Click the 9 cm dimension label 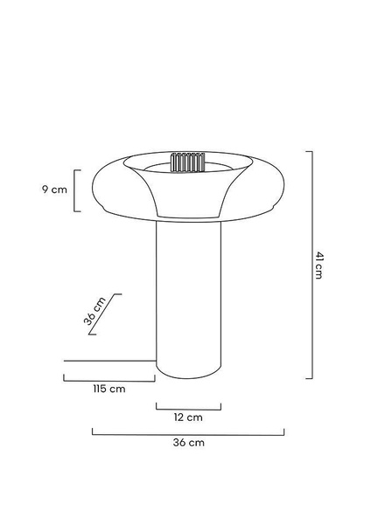click(x=54, y=190)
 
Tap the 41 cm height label click(x=318, y=265)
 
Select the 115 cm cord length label click(x=109, y=389)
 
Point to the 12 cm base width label click(x=188, y=417)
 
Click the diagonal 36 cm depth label click(x=94, y=311)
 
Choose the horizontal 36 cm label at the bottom click(x=188, y=443)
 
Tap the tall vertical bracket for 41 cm click(x=312, y=265)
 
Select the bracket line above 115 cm click(x=109, y=381)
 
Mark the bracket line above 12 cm click(x=188, y=409)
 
